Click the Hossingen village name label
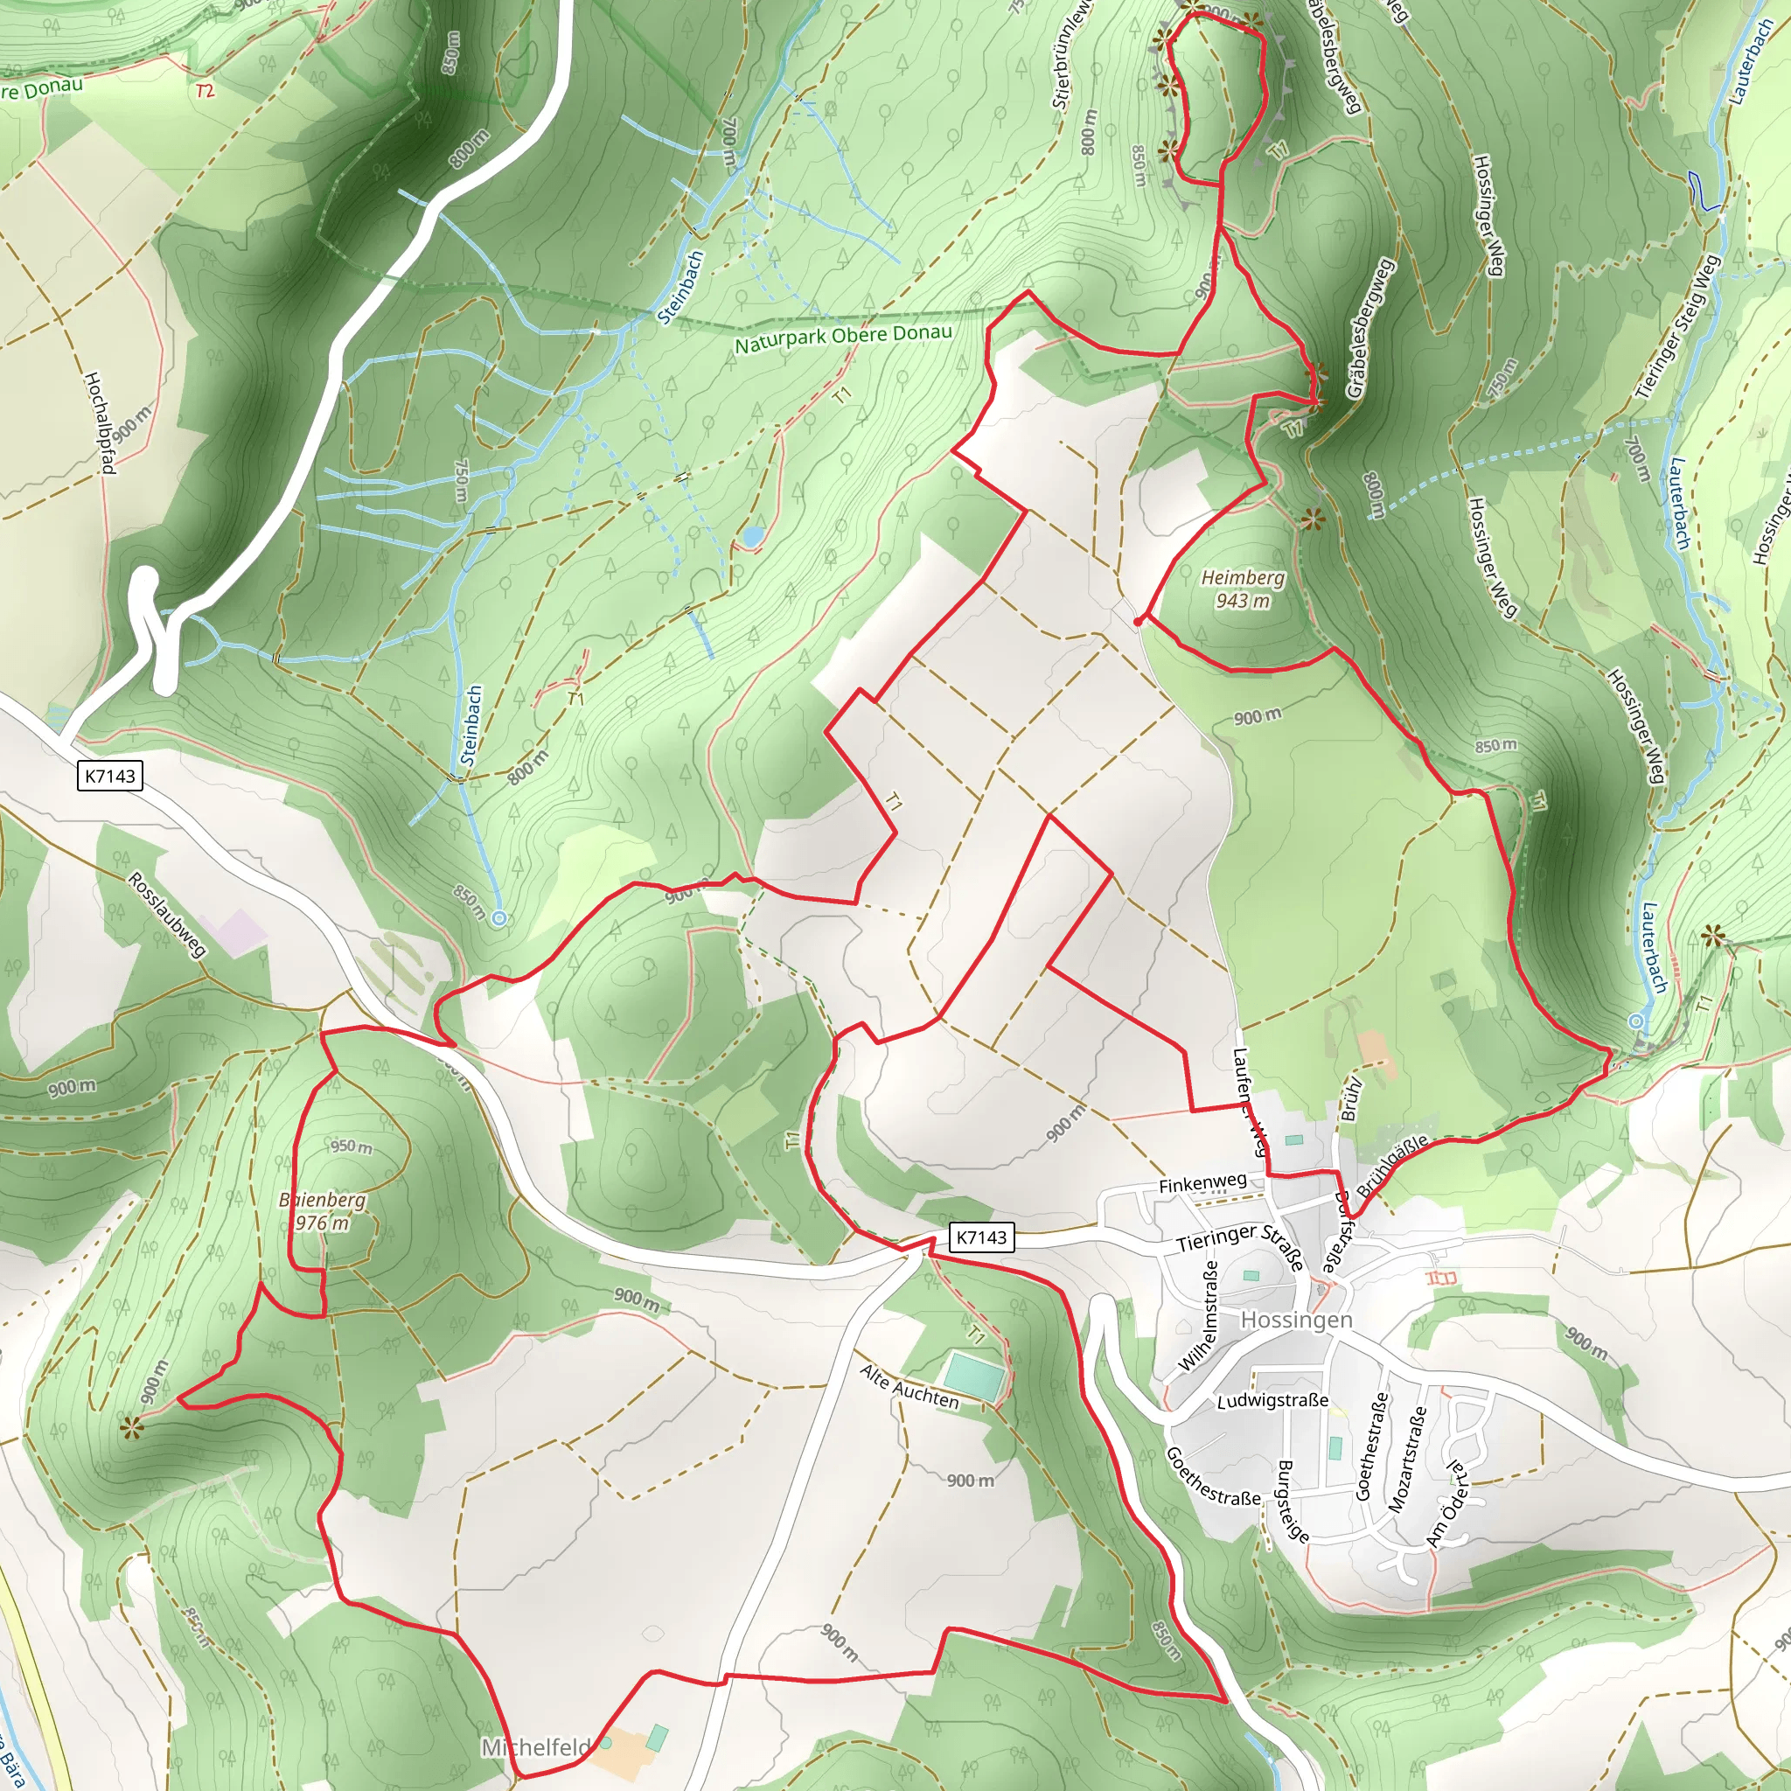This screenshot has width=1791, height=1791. click(1296, 1319)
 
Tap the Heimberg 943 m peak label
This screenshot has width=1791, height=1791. click(1244, 589)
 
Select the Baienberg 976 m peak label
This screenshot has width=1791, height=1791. click(323, 1210)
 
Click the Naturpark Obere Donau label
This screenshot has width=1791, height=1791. click(843, 339)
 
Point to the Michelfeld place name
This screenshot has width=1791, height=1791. click(536, 1746)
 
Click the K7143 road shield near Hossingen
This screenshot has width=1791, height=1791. click(981, 1237)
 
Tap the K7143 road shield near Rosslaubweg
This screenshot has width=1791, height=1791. click(110, 776)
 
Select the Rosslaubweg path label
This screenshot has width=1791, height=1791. click(167, 914)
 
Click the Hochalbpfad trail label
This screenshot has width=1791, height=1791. click(99, 422)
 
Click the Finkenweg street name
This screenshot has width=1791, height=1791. click(1202, 1184)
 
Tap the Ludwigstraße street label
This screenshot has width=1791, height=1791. click(1272, 1401)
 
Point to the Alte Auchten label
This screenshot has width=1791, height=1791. click(909, 1387)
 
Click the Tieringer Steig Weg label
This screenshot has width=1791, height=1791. click(1677, 326)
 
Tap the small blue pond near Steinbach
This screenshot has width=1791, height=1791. click(752, 537)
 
